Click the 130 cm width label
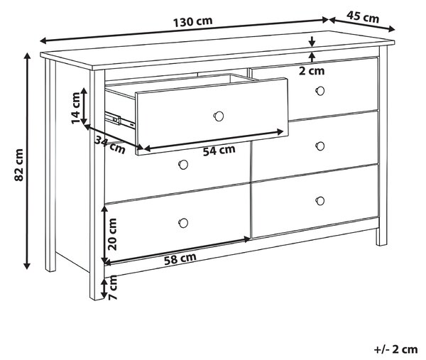[192, 21]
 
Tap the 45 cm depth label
[362, 17]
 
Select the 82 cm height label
[19, 165]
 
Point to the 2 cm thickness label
[312, 71]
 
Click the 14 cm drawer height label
[76, 108]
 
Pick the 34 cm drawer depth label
[110, 144]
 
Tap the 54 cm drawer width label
[219, 151]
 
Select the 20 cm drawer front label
[112, 234]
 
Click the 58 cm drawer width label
[180, 258]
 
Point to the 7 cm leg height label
[112, 288]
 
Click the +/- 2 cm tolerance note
[396, 349]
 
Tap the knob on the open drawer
[219, 116]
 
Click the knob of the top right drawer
[320, 91]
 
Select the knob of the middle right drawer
[320, 146]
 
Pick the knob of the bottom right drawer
[320, 201]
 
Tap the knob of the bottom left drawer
[183, 223]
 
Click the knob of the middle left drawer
[183, 164]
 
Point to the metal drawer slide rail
[120, 119]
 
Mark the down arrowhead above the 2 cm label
[312, 43]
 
